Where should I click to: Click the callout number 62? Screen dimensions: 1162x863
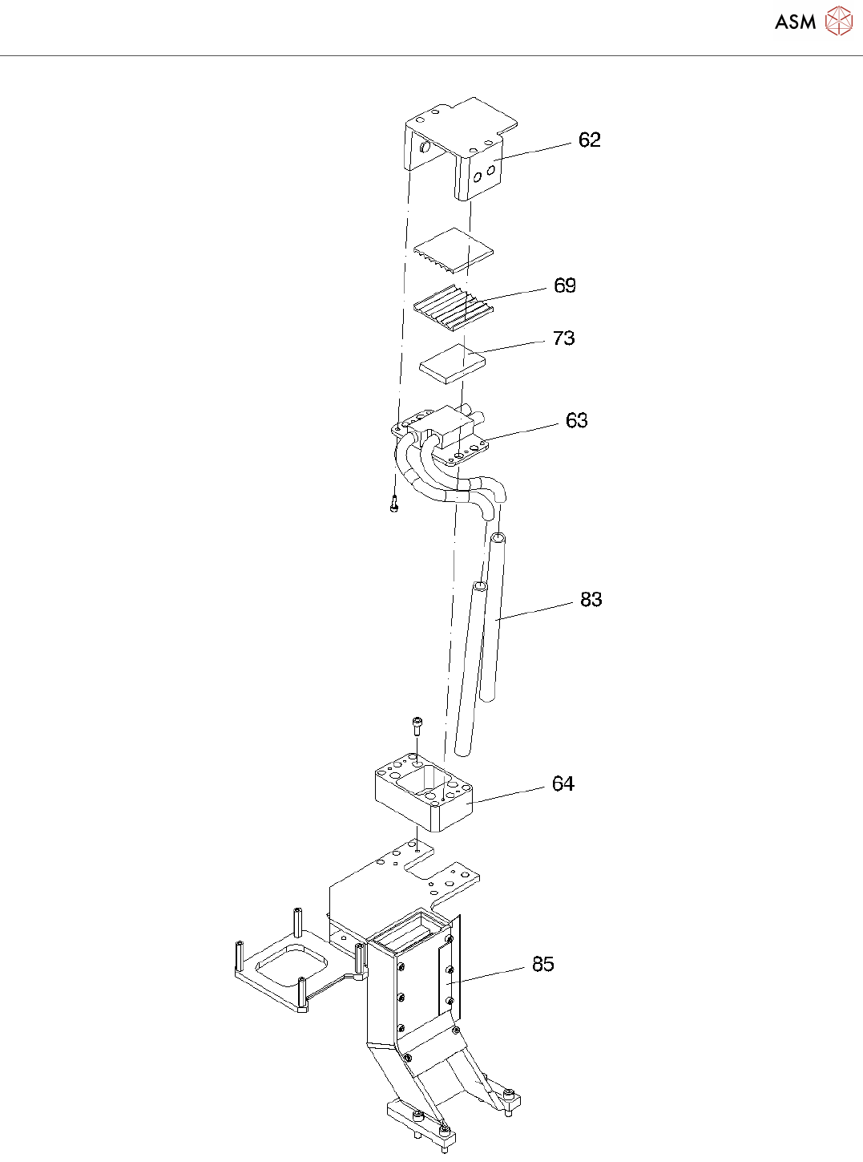pos(589,140)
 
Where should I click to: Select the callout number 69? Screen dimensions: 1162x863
pos(565,285)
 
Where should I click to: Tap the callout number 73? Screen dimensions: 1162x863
pos(564,338)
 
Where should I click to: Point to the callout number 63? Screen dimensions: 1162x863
pos(576,421)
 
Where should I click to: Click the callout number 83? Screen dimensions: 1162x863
pos(591,600)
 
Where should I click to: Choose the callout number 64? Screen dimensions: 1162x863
pos(563,784)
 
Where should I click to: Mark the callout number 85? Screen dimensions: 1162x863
pos(542,964)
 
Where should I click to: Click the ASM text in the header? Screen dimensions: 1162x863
pos(794,22)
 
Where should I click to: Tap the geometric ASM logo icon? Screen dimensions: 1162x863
pos(838,22)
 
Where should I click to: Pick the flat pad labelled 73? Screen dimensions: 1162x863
pos(453,363)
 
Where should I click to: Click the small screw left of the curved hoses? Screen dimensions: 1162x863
pos(393,505)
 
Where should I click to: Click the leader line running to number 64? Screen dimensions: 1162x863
pos(509,794)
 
